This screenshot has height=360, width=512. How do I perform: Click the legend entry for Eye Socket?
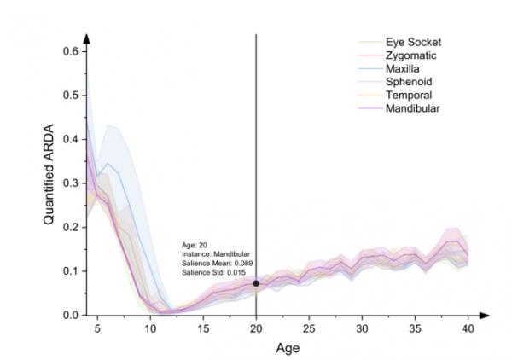pyautogui.click(x=412, y=42)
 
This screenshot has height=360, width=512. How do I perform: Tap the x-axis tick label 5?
pyautogui.click(x=97, y=329)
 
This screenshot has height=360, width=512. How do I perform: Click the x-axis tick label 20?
pyautogui.click(x=257, y=329)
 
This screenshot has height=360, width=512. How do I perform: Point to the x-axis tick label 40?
pyautogui.click(x=468, y=329)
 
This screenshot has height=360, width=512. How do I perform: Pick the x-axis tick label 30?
pyautogui.click(x=363, y=329)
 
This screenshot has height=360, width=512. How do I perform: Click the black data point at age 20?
pyautogui.click(x=257, y=283)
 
